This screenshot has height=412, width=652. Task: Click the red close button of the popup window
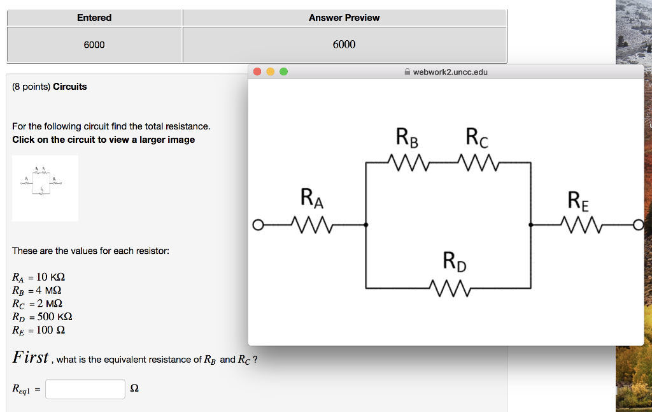257,72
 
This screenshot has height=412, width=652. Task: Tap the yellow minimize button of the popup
271,72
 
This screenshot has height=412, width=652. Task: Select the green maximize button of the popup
283,72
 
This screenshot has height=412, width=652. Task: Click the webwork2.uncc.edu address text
450,72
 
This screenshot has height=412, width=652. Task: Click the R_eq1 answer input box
85,389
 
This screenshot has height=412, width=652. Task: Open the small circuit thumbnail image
45,188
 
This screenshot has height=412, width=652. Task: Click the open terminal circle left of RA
257,225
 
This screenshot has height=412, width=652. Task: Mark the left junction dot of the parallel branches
365,225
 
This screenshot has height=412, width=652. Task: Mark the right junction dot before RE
531,225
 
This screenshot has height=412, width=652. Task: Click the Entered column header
94,18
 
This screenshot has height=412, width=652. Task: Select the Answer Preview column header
344,18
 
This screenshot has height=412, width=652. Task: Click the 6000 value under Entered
94,45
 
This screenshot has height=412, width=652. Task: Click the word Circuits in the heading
70,87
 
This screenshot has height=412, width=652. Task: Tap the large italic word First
31,358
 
